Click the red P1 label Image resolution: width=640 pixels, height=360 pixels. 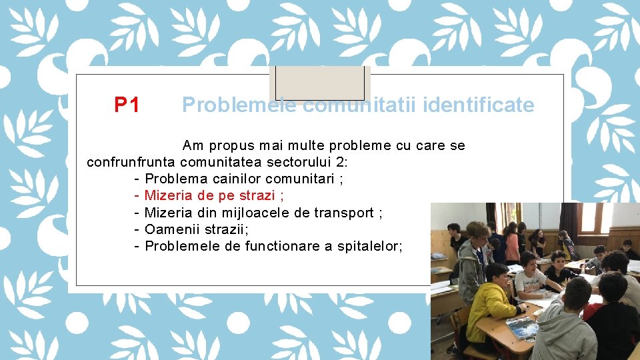127,105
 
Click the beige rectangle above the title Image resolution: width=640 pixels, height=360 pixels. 320,83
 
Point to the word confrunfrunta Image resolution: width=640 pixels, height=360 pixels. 131,162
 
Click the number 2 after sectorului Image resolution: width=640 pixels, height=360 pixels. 341,162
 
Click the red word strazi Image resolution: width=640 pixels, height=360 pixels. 256,195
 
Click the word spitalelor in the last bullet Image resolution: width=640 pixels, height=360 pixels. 369,246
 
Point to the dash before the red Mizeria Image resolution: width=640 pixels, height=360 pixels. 136,195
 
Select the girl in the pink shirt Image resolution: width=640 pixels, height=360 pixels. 512,243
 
